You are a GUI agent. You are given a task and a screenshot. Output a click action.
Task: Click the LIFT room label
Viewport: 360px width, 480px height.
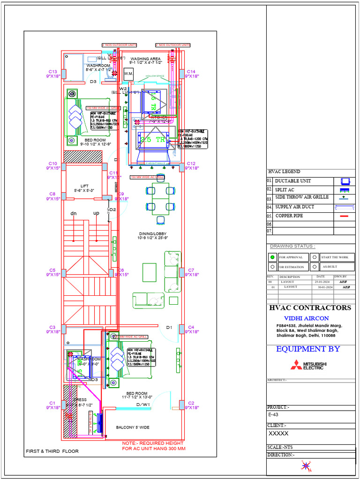coord(84,186)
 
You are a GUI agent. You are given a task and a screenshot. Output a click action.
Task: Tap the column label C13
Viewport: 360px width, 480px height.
coord(52,72)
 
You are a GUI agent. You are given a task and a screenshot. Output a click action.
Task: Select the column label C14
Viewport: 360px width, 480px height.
coord(191,72)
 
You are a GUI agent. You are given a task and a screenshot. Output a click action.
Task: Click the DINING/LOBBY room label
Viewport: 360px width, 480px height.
coord(153,234)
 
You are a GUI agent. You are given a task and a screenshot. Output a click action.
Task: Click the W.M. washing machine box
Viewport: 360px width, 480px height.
coord(128,74)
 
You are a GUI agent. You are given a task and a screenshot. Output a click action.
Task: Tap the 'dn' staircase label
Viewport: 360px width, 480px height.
coord(74,213)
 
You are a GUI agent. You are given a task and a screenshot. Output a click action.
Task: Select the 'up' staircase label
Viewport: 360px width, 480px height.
coord(96,213)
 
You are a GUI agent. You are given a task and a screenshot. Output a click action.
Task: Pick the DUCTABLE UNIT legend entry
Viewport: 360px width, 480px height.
coord(292,181)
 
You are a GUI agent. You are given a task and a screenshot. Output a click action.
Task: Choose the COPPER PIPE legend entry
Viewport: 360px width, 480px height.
coord(289,216)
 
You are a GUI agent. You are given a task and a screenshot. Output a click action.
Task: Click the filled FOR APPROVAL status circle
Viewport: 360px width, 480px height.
coord(272,257)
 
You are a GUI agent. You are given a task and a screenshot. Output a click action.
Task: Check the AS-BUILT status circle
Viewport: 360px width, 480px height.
coord(315,267)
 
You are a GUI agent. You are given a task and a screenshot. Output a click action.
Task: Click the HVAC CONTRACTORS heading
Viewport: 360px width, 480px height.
coord(310,308)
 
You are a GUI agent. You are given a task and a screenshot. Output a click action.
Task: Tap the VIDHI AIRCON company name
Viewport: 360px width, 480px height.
coord(310,318)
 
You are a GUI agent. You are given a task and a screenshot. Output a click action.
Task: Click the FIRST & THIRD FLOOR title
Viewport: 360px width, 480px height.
coord(52,451)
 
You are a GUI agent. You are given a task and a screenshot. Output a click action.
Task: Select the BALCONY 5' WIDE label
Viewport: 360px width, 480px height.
coord(133,427)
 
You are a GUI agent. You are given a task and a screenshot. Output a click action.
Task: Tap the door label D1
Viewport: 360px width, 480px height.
coord(169,327)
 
